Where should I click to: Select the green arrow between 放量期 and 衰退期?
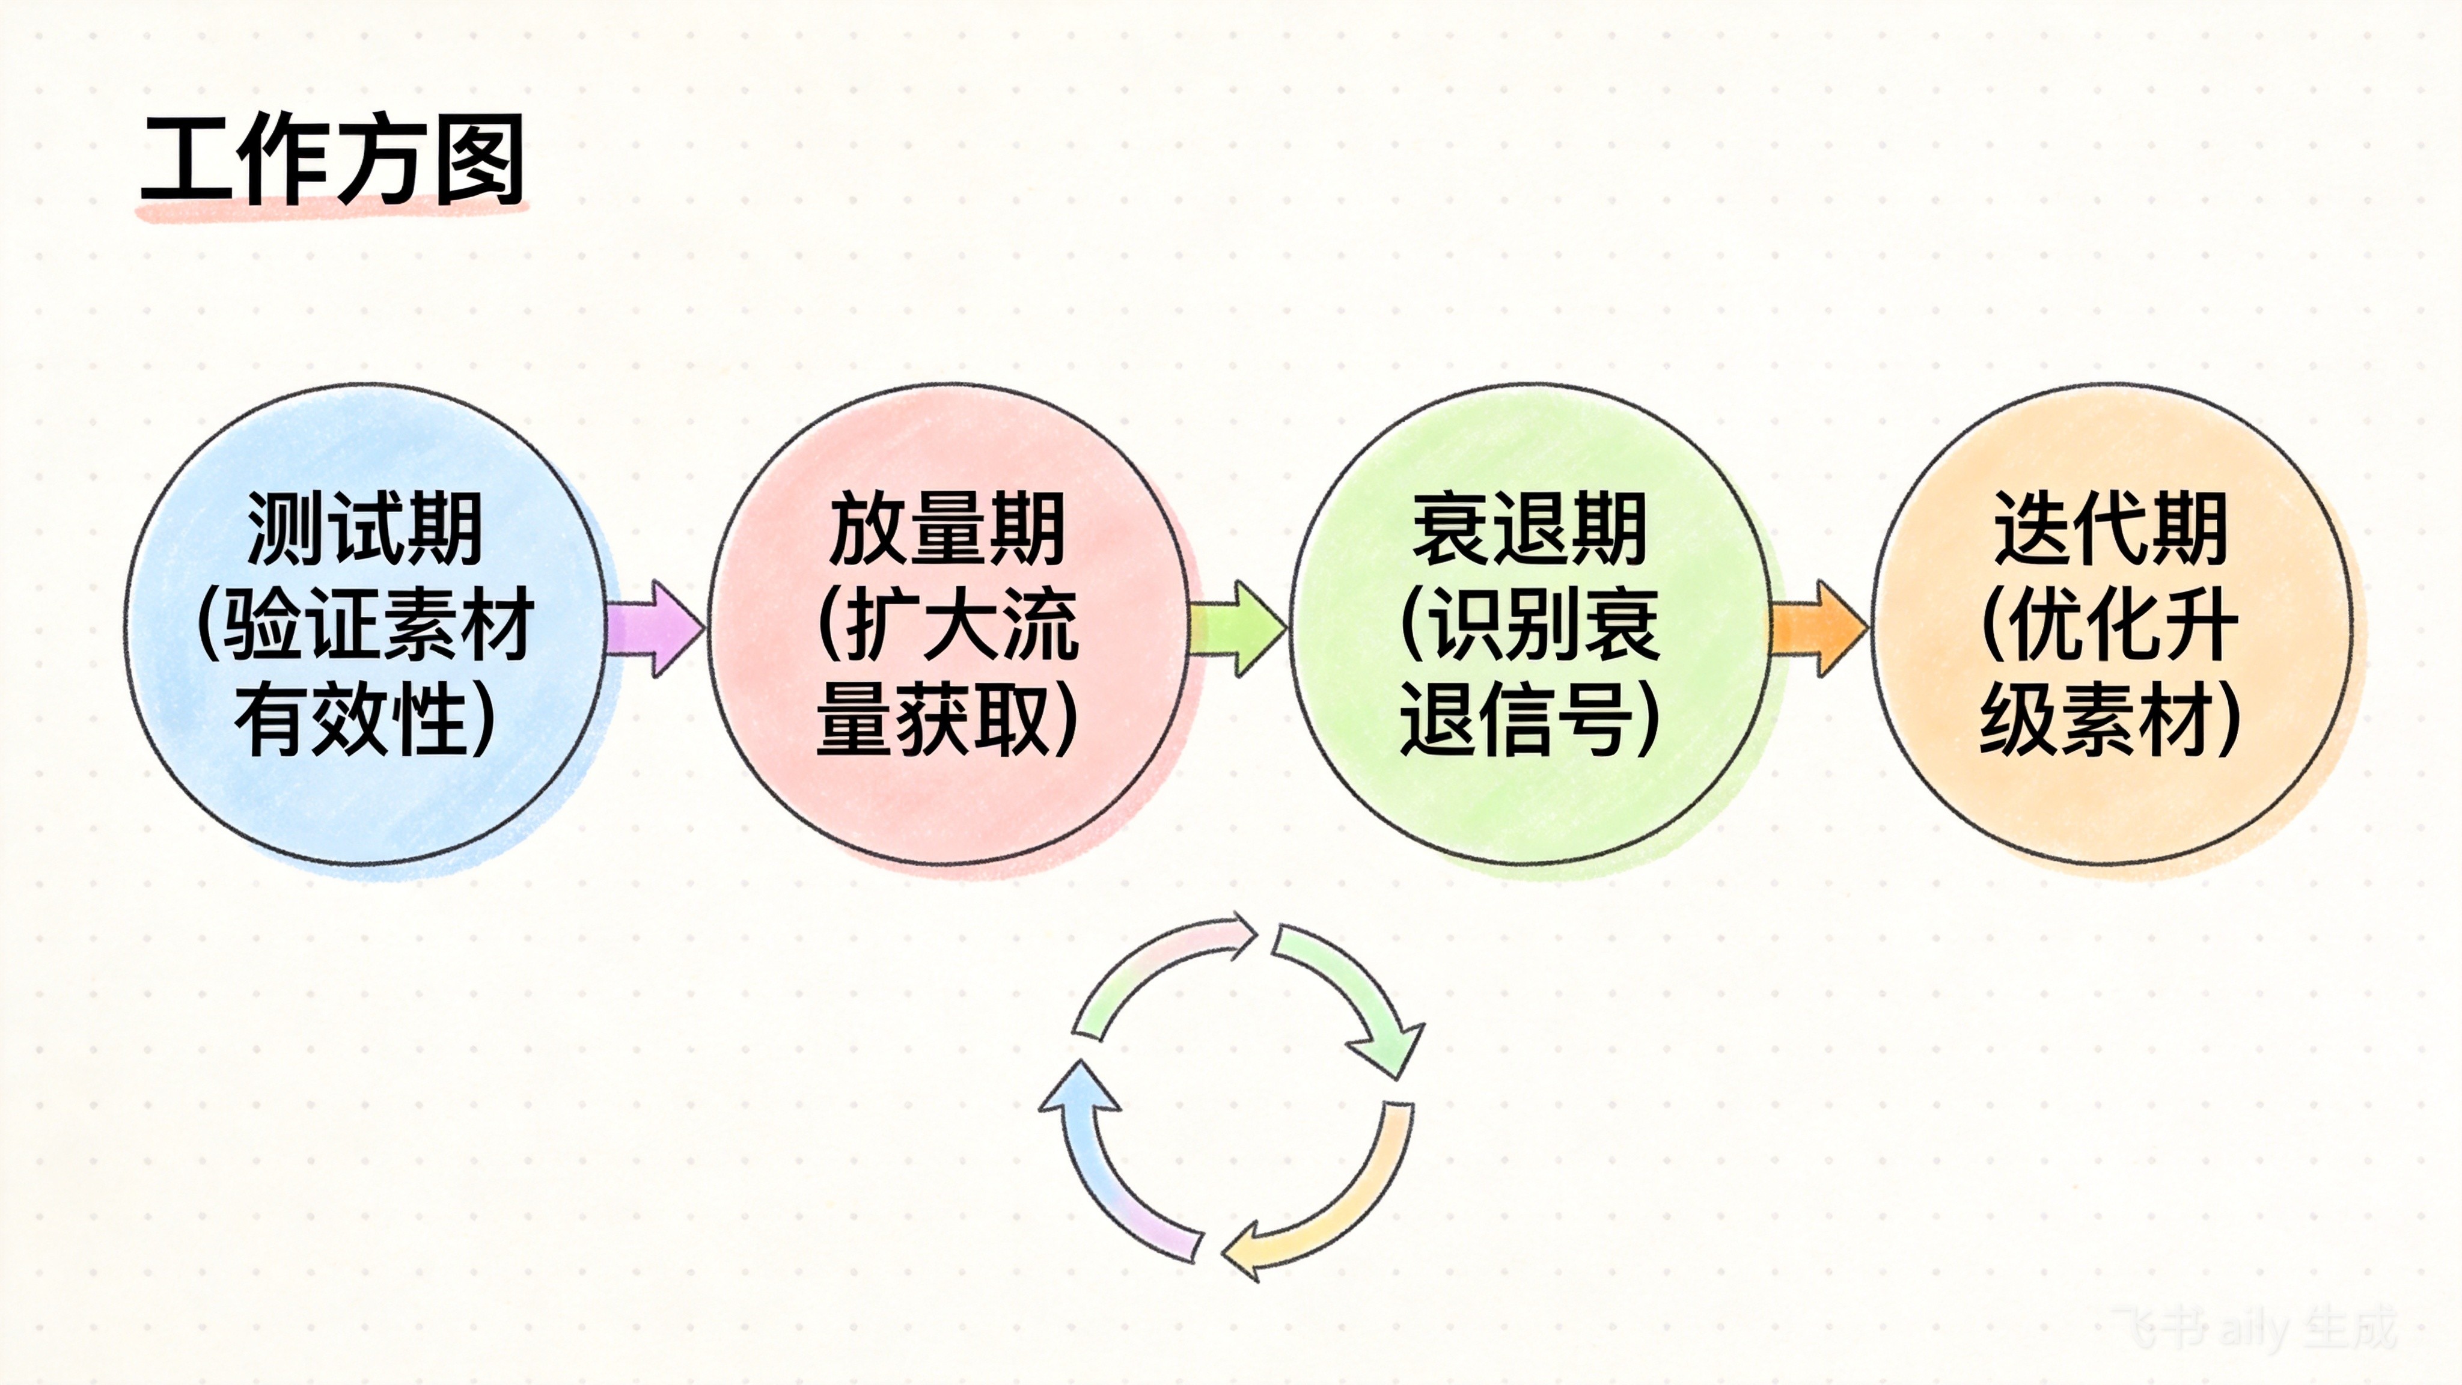(1238, 629)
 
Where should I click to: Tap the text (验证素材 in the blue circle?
(365, 625)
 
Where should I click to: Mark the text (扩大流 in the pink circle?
(947, 625)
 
